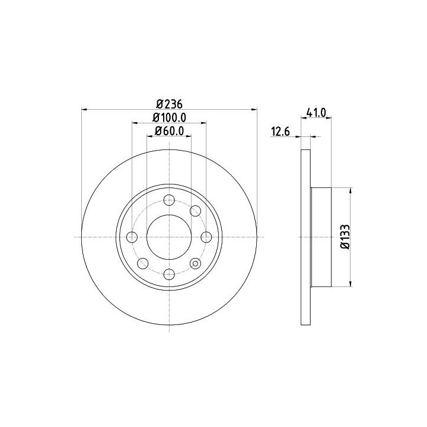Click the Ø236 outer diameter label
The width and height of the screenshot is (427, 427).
pyautogui.click(x=169, y=104)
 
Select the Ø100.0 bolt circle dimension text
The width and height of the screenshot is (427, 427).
pyautogui.click(x=169, y=117)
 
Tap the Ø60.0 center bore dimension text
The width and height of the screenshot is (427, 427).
pyautogui.click(x=169, y=131)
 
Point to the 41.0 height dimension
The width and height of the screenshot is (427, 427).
pyautogui.click(x=316, y=113)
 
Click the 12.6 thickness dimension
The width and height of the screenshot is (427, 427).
pyautogui.click(x=281, y=132)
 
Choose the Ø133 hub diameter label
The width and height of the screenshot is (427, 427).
pyautogui.click(x=345, y=237)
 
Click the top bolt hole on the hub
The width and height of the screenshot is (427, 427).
pyautogui.click(x=169, y=200)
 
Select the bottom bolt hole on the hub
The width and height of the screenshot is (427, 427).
pyautogui.click(x=169, y=274)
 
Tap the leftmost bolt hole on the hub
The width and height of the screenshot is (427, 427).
pyautogui.click(x=132, y=237)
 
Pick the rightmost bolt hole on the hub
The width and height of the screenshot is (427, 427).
pyautogui.click(x=206, y=237)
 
